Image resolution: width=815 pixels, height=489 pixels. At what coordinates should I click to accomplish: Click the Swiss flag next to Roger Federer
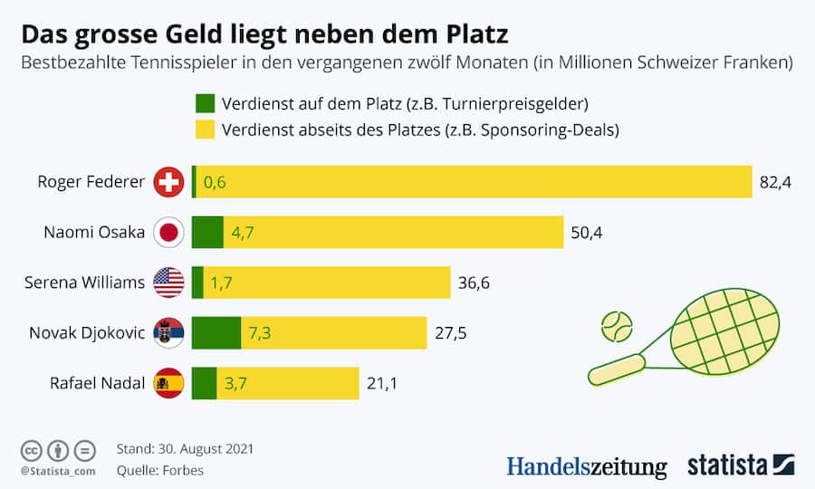(x=169, y=182)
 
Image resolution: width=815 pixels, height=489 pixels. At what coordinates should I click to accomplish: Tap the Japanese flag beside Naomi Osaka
(x=169, y=233)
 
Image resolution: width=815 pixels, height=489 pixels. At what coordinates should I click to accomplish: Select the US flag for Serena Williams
(x=169, y=283)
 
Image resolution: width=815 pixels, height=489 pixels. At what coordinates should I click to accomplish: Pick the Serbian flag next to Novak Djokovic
(x=169, y=333)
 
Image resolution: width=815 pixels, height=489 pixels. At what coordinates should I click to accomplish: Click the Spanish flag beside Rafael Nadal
(x=169, y=383)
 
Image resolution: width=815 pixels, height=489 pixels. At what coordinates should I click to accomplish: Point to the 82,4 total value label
(x=776, y=182)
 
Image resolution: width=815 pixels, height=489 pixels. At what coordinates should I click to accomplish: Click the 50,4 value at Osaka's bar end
(x=587, y=233)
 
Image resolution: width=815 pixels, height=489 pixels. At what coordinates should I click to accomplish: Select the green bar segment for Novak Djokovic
(x=216, y=333)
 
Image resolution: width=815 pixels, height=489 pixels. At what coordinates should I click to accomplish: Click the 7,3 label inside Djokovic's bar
(x=260, y=333)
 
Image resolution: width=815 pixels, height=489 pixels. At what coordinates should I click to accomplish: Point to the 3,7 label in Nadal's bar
(x=235, y=383)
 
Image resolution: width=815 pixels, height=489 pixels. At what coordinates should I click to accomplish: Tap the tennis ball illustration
(x=618, y=326)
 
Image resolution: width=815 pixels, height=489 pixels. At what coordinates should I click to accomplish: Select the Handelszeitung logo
(x=586, y=466)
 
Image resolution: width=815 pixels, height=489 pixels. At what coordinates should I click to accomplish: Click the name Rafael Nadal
(x=98, y=383)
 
